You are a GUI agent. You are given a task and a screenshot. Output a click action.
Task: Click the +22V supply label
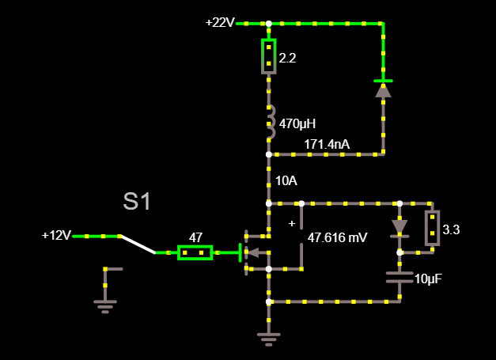tap(219, 22)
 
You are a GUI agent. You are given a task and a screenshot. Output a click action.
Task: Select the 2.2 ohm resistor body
tap(269, 57)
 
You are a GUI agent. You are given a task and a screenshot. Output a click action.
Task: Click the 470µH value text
tap(297, 123)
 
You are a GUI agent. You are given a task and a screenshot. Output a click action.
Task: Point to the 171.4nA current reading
tap(327, 144)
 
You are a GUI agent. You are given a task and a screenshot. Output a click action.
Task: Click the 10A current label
tap(286, 181)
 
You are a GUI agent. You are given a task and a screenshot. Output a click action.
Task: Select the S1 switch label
tap(137, 201)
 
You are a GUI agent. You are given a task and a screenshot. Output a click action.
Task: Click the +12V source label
tap(56, 236)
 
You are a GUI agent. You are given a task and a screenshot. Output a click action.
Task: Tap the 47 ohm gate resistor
tap(195, 252)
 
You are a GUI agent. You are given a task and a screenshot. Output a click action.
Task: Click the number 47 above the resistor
tap(195, 237)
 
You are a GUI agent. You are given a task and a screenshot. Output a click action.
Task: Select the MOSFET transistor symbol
tap(256, 252)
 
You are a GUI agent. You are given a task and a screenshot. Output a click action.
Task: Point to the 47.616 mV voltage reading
tap(337, 237)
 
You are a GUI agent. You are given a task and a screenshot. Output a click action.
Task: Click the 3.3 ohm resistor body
tap(432, 228)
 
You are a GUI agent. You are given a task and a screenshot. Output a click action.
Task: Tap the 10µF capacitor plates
tap(399, 277)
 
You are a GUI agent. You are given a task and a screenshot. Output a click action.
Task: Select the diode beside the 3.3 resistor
tap(399, 228)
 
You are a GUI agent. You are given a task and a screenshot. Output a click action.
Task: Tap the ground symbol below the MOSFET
tap(269, 339)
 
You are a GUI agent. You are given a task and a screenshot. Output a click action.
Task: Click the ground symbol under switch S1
tap(104, 305)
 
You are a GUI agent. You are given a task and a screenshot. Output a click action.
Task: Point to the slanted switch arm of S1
tap(137, 244)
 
